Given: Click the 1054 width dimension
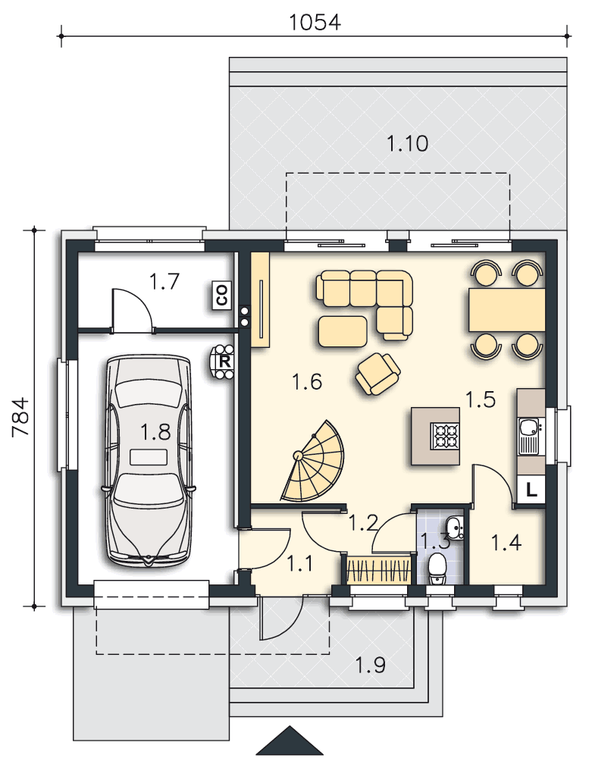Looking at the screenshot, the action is point(315,22).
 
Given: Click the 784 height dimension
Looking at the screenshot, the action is point(20,417).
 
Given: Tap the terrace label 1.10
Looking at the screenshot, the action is point(407,143).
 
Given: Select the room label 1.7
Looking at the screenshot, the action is point(164,281).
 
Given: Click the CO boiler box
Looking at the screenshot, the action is point(222,295).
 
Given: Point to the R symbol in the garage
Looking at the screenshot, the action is point(224,362).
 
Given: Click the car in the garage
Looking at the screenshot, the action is point(149,461).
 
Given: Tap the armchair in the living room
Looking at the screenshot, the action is point(377,374).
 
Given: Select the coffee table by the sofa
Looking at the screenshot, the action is point(343,332).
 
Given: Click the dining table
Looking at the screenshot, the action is point(506,310).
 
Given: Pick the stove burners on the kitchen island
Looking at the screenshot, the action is point(445,436).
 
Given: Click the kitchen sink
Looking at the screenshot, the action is point(530,436).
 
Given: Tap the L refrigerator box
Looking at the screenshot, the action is point(531,490).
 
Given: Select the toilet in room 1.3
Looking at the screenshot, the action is point(438,568).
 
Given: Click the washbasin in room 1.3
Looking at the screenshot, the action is point(453,527).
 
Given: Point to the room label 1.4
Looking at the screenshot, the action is point(506,543).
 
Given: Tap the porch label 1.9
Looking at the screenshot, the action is point(371,666).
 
